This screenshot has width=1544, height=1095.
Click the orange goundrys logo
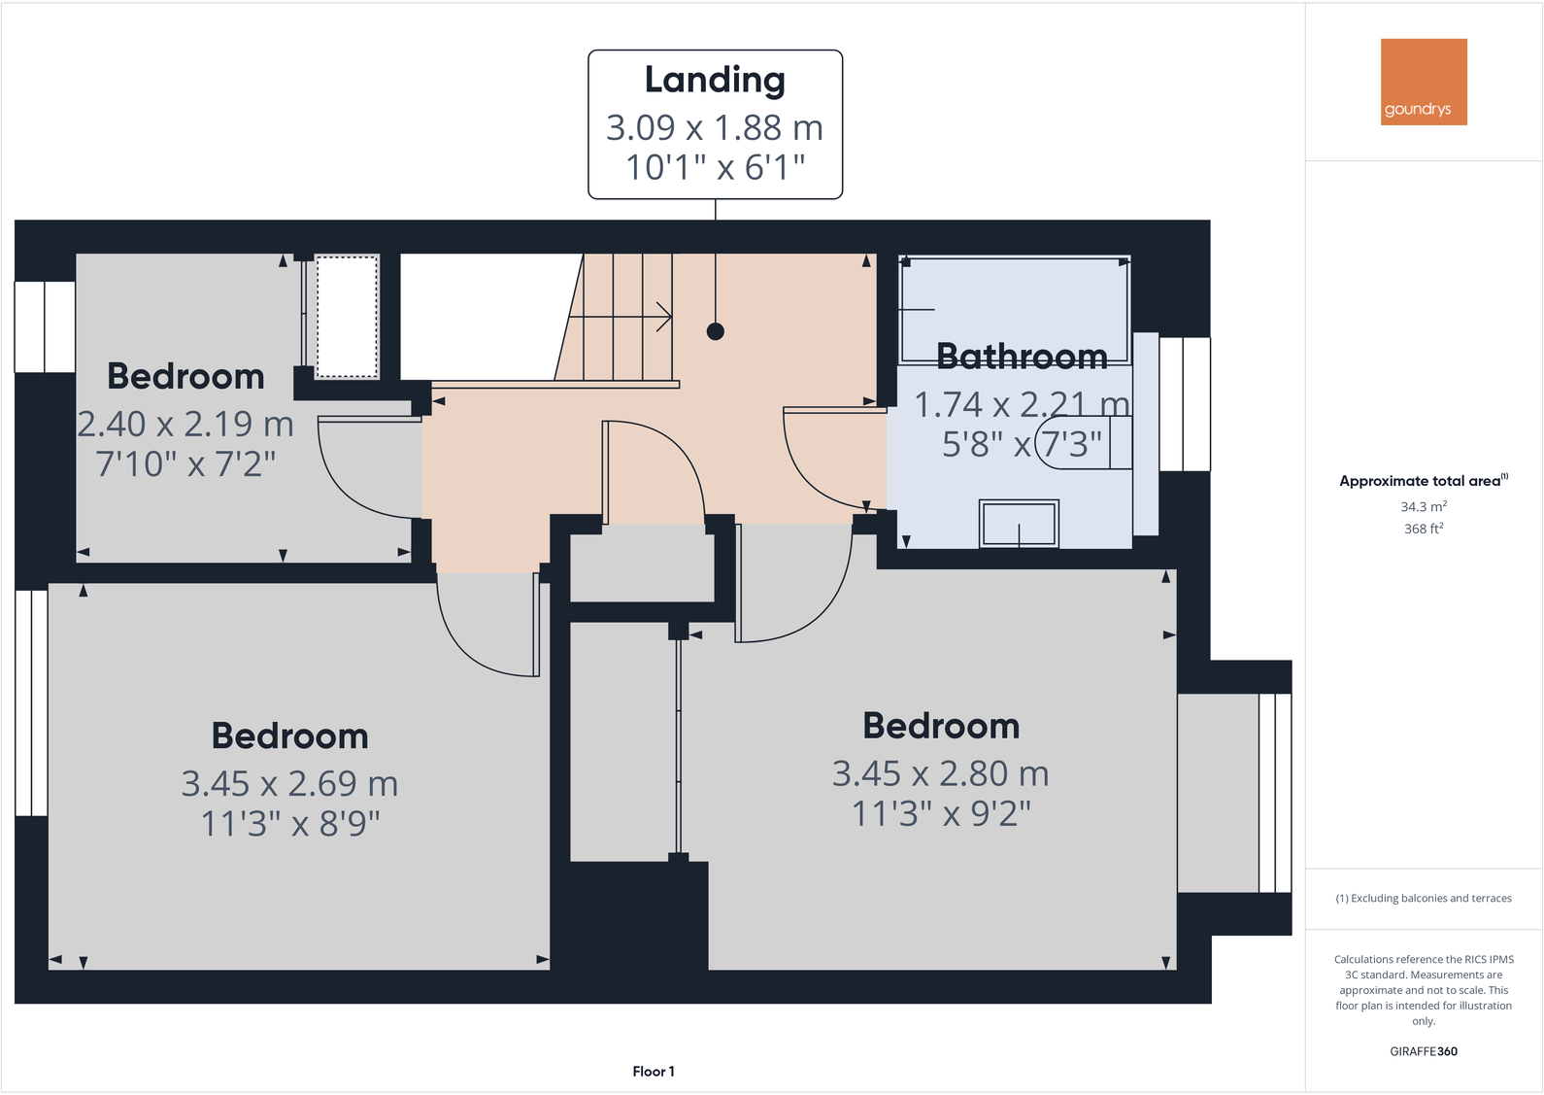point(1424,82)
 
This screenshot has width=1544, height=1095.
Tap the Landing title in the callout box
point(715,81)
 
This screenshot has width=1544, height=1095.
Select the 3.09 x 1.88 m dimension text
point(715,127)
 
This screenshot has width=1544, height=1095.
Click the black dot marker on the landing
point(716,331)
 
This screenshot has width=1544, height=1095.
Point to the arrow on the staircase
point(663,317)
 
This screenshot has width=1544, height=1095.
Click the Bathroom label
point(1022,357)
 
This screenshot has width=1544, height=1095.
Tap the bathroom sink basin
point(1019,524)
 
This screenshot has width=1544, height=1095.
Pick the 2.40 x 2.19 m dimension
point(185,424)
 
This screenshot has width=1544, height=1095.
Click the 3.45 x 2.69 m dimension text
point(289,783)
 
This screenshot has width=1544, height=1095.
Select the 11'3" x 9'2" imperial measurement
point(941,813)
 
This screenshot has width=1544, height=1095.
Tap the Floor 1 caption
point(654,1071)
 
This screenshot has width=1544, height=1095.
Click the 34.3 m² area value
point(1424,506)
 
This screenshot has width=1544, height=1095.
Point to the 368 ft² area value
point(1424,529)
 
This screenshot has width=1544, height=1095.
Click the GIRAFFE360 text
point(1424,1051)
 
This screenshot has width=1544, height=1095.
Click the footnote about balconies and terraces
point(1424,898)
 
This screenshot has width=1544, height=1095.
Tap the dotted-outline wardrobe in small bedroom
point(347,317)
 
